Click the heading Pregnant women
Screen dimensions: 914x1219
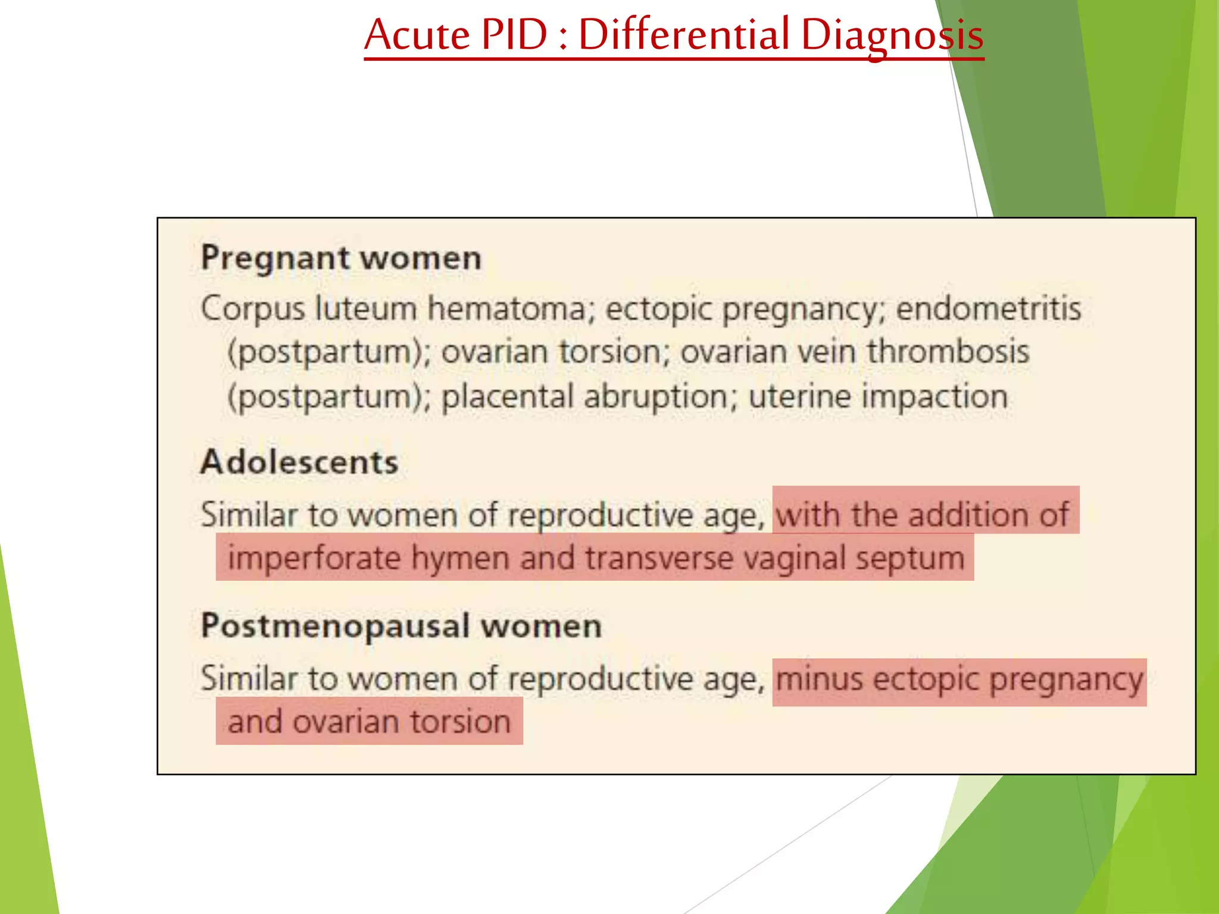(341, 258)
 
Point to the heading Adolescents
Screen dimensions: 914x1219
(299, 462)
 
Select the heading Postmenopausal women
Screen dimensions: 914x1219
(401, 626)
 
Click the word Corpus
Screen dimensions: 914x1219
(252, 309)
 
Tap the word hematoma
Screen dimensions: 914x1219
(507, 309)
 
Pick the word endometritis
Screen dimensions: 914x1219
(988, 309)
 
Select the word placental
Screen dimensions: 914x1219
(507, 396)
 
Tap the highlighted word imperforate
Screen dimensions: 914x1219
(314, 559)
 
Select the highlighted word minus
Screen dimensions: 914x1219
(819, 678)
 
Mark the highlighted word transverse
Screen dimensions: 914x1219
(659, 559)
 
